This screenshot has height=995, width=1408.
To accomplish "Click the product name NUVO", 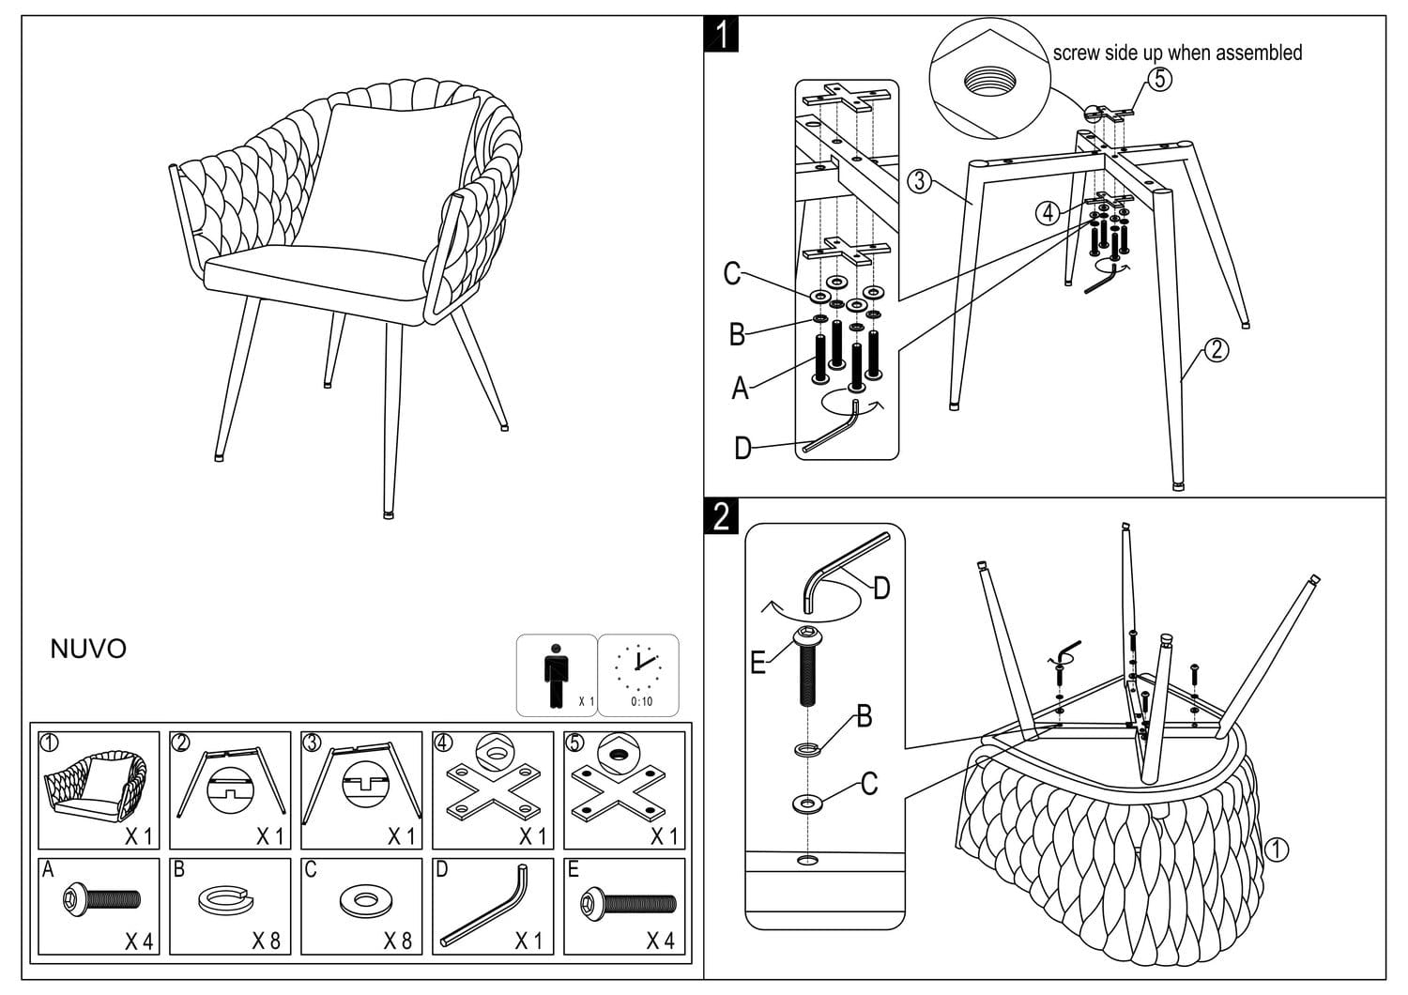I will (x=88, y=650).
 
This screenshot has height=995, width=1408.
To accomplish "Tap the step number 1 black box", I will (x=721, y=35).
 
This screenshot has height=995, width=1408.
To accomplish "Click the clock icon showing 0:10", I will (x=639, y=668).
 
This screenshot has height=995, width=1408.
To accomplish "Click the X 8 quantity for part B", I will (x=267, y=941).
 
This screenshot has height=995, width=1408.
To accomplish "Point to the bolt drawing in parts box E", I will (x=628, y=902).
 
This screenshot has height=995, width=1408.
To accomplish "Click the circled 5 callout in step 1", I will (x=1160, y=79).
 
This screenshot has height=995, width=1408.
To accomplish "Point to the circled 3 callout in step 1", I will (x=920, y=181).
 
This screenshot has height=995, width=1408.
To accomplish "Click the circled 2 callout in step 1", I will (x=1216, y=350).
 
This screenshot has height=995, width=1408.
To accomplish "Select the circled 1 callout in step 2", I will (x=1277, y=850).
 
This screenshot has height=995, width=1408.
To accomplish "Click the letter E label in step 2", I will (x=758, y=663).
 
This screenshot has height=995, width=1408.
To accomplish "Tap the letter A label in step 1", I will (x=741, y=389).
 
